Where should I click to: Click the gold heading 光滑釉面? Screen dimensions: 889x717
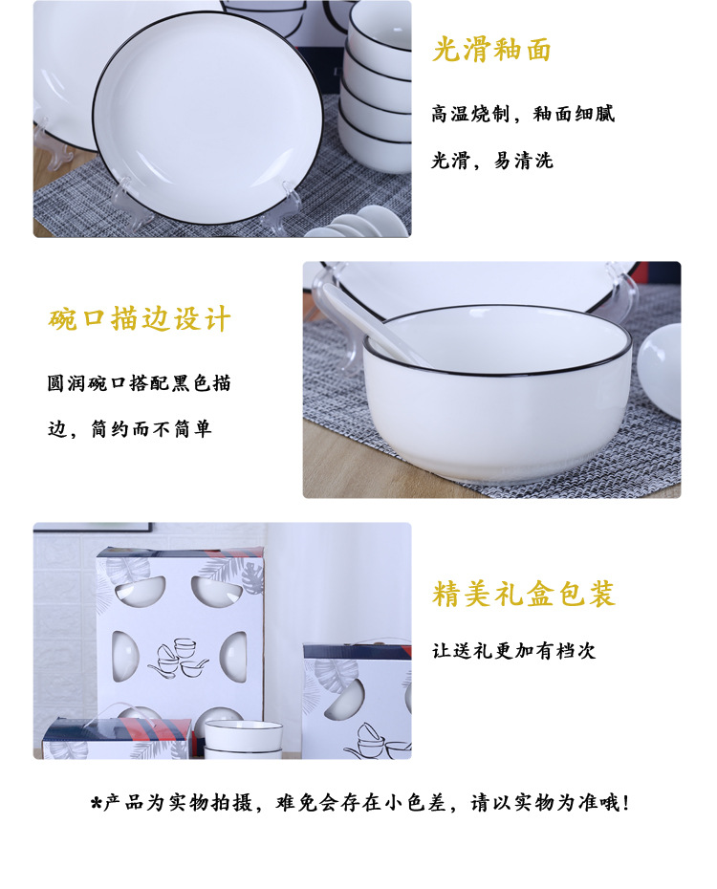click(491, 50)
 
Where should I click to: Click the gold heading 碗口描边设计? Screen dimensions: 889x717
click(140, 319)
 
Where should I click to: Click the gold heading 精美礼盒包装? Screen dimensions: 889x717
click(523, 594)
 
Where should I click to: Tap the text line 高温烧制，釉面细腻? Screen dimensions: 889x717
click(522, 114)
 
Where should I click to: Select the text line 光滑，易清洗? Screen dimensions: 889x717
click(491, 161)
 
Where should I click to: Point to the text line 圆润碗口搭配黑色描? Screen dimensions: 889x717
click(140, 383)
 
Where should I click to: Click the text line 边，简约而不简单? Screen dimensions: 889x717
click(129, 429)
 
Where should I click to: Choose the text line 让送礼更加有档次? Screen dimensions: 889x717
click(513, 651)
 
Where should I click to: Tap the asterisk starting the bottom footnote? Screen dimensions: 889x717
click(96, 804)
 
